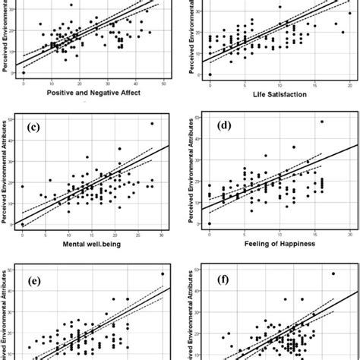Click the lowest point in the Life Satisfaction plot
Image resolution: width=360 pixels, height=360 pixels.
point(210,74)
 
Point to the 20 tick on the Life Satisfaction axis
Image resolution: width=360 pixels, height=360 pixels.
point(349,84)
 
